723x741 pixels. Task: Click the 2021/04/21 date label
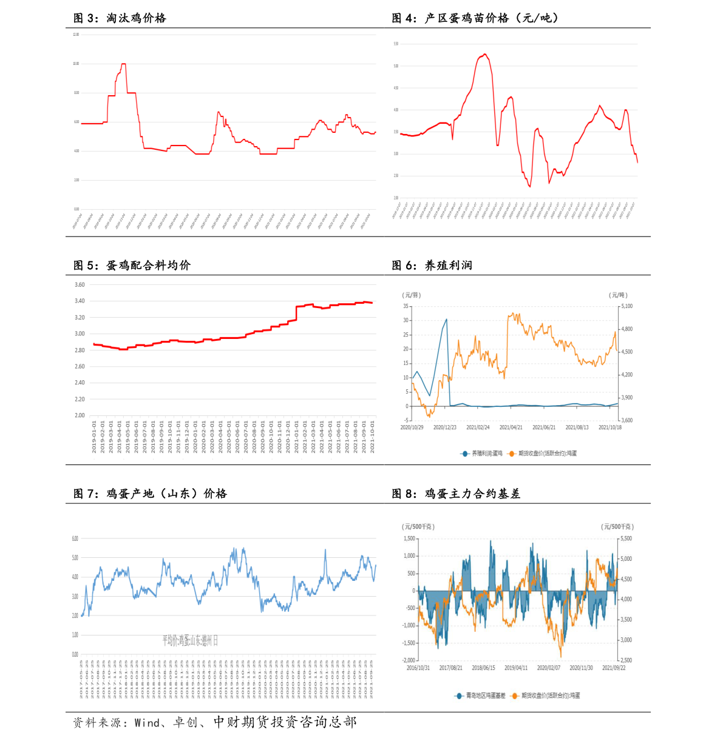511,428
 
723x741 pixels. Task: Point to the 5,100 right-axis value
626,306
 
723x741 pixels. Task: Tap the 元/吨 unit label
618,295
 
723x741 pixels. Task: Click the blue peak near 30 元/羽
446,319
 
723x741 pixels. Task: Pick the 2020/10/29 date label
412,428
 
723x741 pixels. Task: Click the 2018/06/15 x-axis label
483,668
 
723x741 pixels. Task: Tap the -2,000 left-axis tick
409,660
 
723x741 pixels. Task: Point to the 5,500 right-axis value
626,538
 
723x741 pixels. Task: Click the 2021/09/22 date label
614,668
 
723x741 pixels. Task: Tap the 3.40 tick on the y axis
80,301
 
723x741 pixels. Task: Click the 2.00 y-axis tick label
80,415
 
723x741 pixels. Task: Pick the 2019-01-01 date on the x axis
94,437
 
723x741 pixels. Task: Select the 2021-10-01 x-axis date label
372,437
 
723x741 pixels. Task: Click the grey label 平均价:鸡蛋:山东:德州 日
189,641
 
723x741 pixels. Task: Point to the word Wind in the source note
147,722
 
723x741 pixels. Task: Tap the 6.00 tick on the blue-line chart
75,538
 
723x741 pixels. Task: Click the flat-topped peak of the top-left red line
123,64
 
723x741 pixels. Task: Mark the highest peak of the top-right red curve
484,54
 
